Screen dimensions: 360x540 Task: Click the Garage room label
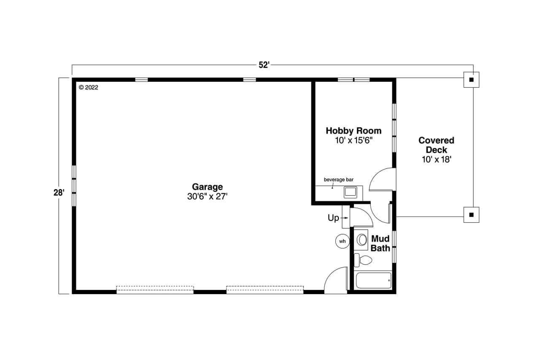point(207,187)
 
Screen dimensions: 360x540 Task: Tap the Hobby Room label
point(354,131)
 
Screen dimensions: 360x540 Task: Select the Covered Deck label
point(436,145)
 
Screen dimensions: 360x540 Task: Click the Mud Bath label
point(380,244)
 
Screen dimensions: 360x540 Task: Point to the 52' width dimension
point(264,65)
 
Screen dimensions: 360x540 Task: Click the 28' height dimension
point(59,192)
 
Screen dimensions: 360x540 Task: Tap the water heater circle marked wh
point(342,241)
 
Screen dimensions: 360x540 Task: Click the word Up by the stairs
point(333,218)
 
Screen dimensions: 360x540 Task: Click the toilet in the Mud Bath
point(363,260)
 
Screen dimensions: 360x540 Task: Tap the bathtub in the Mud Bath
point(373,280)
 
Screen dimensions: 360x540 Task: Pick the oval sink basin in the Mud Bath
point(362,240)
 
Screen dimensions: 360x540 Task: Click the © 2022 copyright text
point(88,87)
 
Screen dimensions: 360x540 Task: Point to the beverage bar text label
point(338,180)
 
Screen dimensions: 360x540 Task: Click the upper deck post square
point(472,79)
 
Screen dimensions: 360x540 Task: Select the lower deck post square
point(472,214)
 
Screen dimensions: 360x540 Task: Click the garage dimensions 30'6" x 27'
point(207,196)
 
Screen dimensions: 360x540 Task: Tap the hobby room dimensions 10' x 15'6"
point(354,141)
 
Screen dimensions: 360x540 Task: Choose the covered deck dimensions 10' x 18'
point(436,160)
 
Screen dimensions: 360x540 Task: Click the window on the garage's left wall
point(74,186)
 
